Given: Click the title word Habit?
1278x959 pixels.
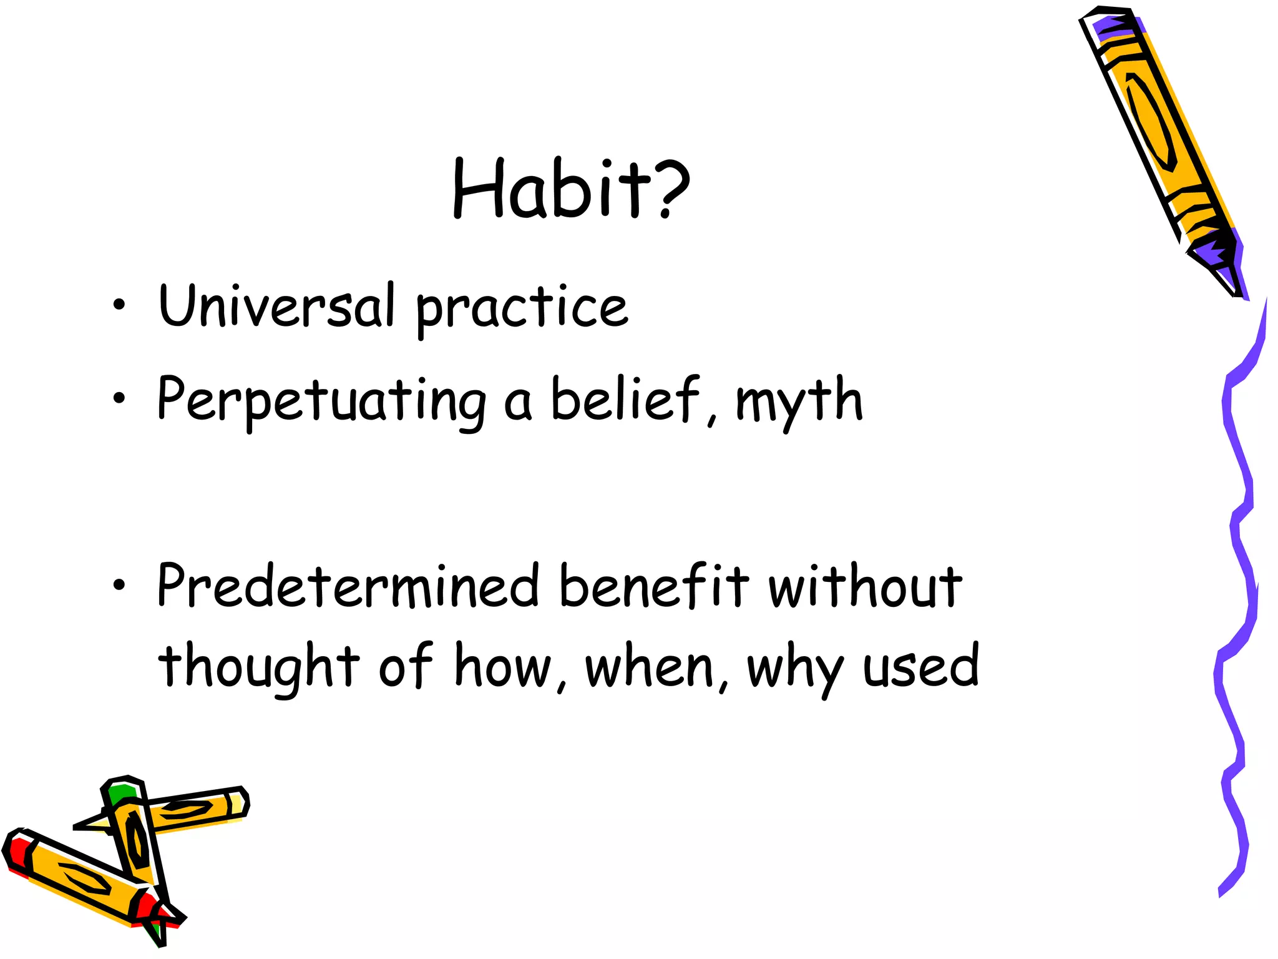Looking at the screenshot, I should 571,189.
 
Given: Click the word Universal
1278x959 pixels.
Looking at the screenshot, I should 277,306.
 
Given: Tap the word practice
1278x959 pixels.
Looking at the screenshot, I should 522,309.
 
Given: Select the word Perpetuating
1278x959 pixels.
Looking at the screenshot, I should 321,401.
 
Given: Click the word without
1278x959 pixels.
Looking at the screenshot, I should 865,587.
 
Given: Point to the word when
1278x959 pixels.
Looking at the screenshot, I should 650,667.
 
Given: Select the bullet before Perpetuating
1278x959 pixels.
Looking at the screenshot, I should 119,398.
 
